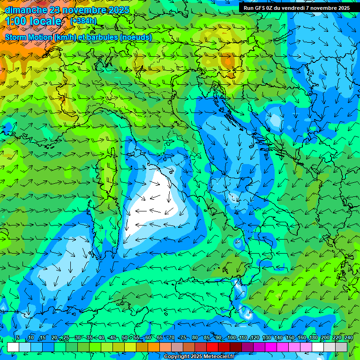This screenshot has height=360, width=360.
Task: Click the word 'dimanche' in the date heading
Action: (x=24, y=9)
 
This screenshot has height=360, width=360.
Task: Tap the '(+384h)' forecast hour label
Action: (x=83, y=21)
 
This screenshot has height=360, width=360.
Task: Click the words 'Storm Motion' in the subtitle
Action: (x=28, y=37)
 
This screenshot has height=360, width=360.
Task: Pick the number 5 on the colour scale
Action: (x=18, y=337)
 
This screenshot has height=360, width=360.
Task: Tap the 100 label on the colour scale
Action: (x=232, y=337)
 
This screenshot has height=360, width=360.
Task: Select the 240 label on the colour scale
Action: (x=349, y=337)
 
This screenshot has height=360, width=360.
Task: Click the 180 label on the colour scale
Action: (x=313, y=337)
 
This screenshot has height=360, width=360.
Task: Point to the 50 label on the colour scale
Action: (x=125, y=337)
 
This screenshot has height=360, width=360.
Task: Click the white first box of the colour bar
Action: (x=13, y=347)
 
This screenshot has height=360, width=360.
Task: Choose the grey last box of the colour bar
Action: (x=341, y=347)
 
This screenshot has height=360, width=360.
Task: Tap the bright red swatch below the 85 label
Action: (x=212, y=347)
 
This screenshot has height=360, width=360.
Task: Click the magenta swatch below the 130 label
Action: (x=271, y=347)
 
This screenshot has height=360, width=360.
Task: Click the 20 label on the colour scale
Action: (x=54, y=337)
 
